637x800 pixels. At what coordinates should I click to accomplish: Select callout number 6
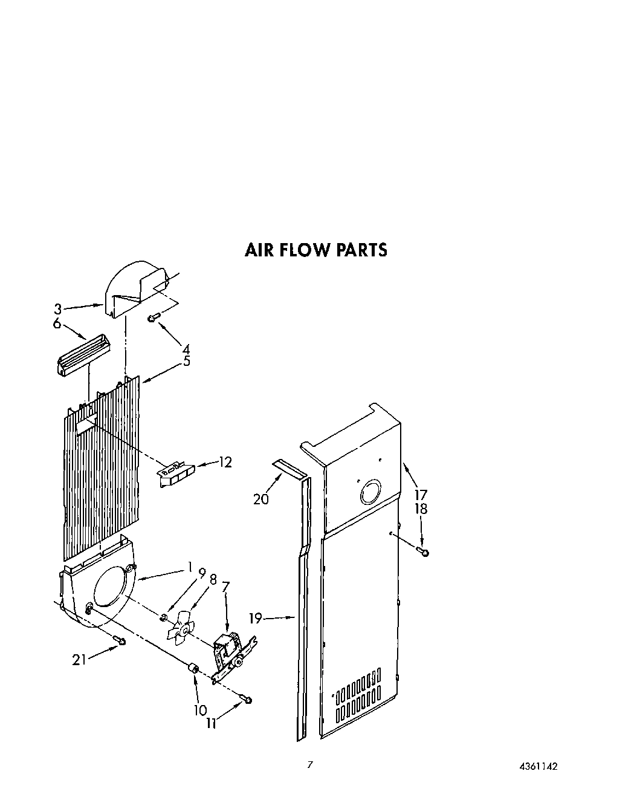point(57,324)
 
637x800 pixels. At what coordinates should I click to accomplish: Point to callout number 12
point(224,463)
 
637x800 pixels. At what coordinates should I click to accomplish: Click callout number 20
point(261,499)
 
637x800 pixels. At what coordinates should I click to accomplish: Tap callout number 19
point(256,618)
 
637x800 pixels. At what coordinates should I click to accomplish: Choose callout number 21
point(79,660)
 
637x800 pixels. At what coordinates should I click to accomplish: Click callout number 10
point(201,710)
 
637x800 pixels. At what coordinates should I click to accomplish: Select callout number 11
point(212,723)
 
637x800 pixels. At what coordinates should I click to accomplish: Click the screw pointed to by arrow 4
point(154,317)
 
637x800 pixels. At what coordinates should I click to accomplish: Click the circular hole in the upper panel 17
point(370,492)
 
